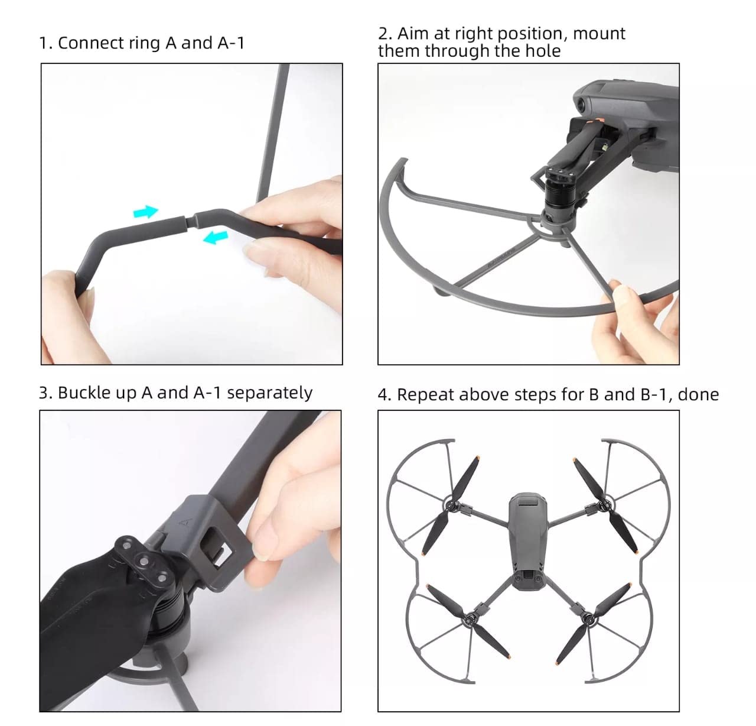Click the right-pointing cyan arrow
point(146,212)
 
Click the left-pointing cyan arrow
point(216,237)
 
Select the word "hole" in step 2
point(543,51)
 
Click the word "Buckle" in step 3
point(84,393)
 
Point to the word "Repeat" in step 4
point(426,395)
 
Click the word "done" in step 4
point(698,395)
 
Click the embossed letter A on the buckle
point(185,521)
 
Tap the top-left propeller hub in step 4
point(451,505)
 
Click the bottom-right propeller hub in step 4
point(587,617)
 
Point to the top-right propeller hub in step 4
point(604,505)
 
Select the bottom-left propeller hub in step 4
point(471,617)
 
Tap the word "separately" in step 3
point(269,393)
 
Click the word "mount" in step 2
point(599,34)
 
